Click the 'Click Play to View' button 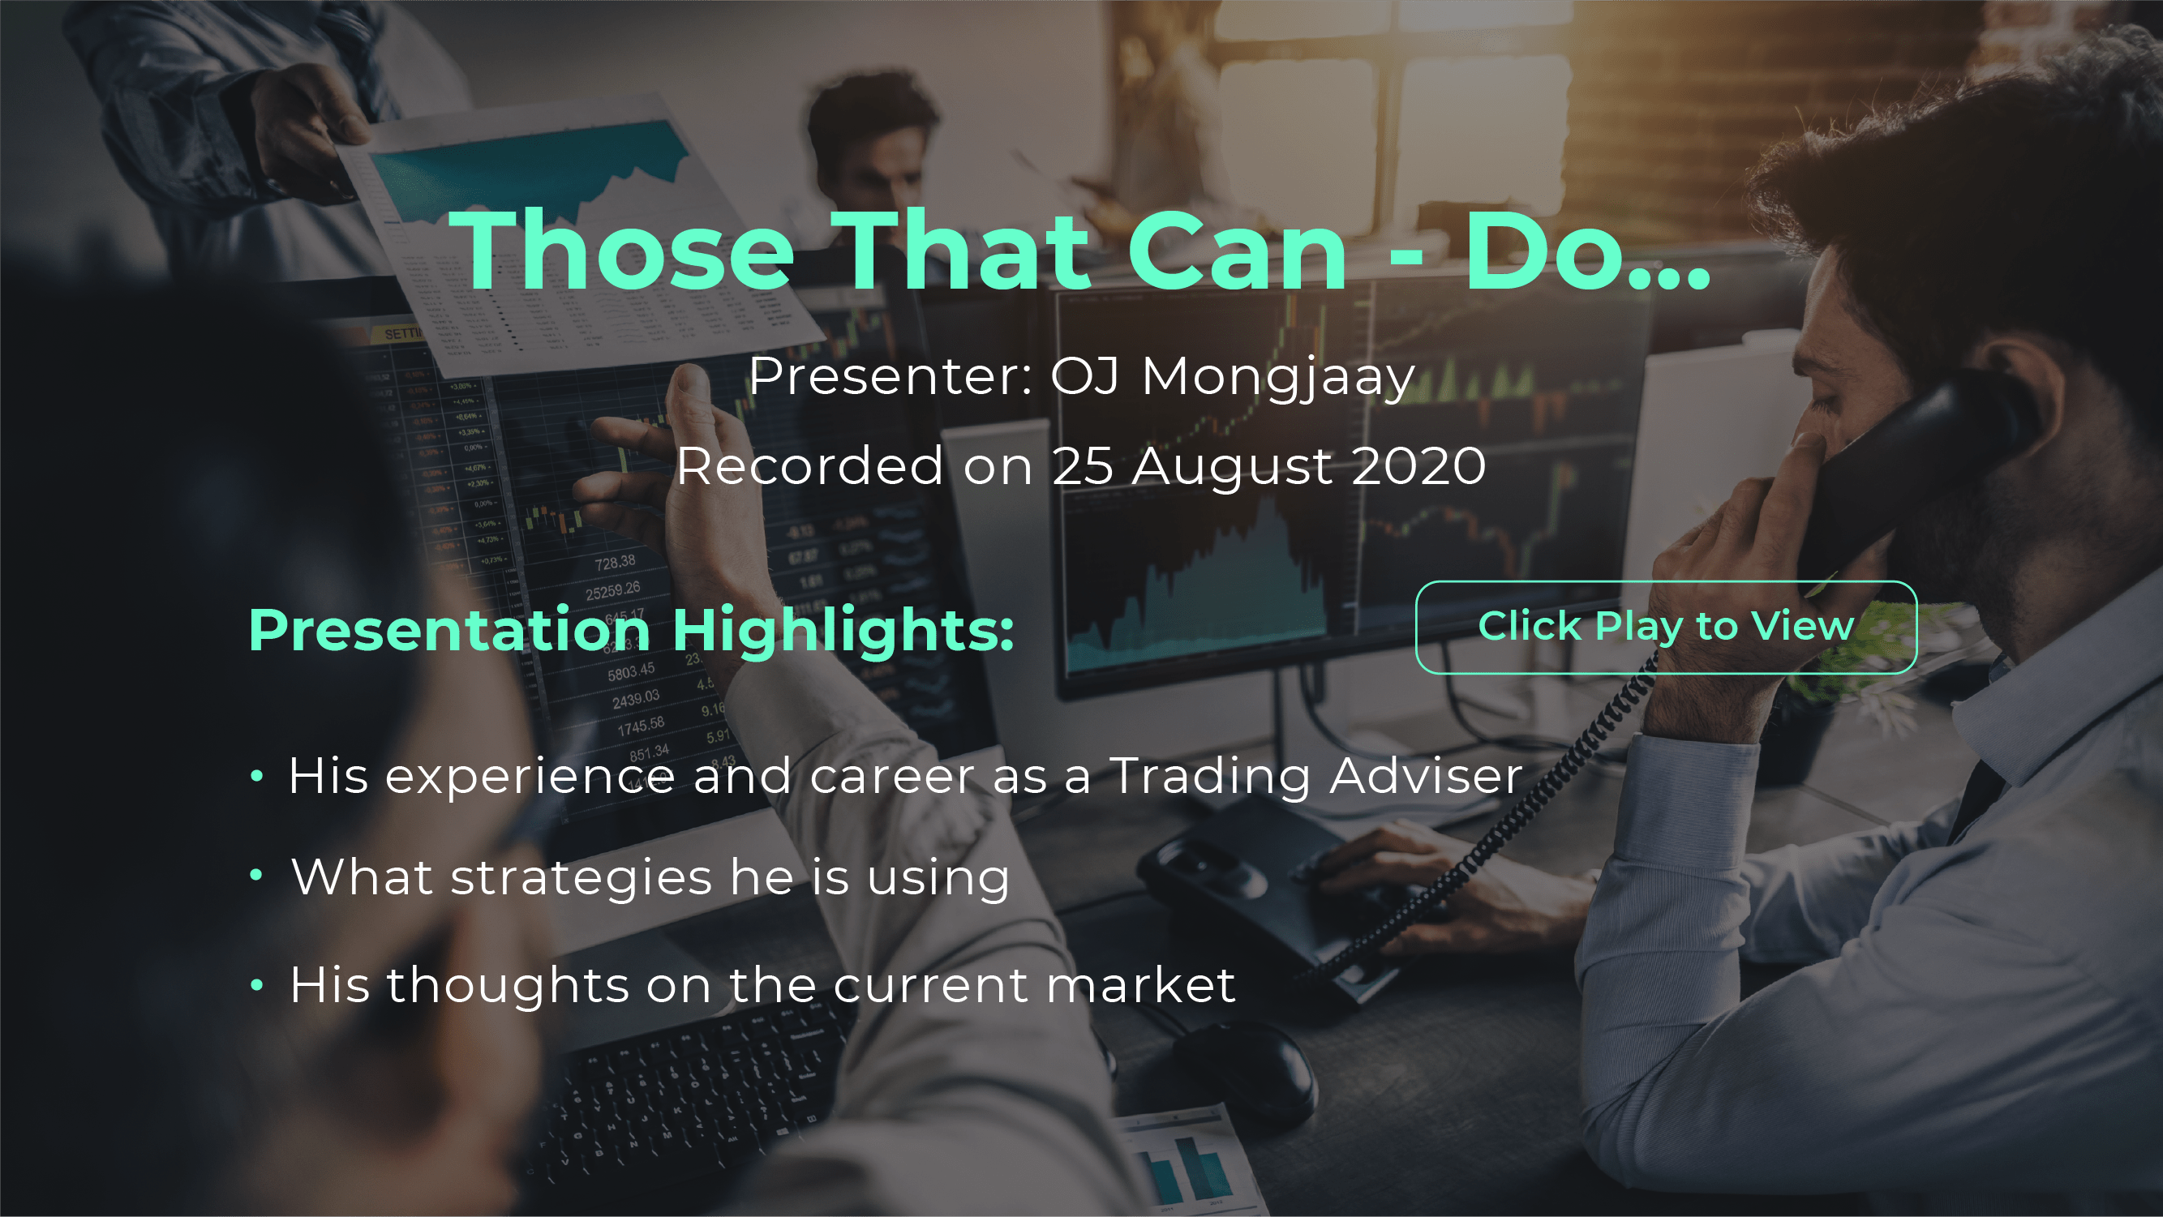(x=1666, y=627)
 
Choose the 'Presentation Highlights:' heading (x=632, y=630)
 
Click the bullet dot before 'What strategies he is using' (x=257, y=876)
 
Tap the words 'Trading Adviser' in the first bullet (x=1315, y=774)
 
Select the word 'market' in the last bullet (x=1141, y=983)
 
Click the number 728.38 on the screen (x=615, y=563)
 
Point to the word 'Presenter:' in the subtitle (x=890, y=376)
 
